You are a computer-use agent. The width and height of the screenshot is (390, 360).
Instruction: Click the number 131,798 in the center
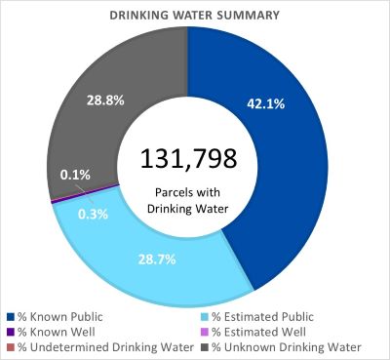point(188,159)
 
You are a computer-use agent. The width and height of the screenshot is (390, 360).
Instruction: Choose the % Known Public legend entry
point(63,316)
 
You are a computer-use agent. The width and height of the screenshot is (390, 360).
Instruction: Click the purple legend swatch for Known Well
point(11,332)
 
